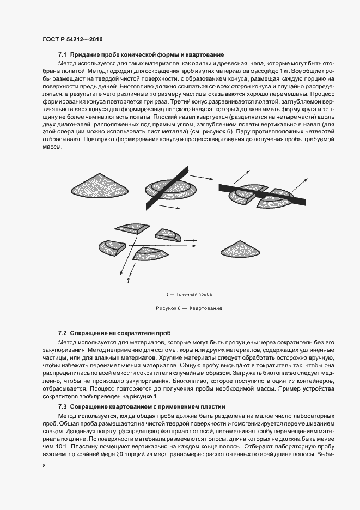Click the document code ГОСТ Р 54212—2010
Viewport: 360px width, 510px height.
[x=72, y=40]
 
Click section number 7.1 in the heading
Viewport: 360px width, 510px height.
[x=62, y=56]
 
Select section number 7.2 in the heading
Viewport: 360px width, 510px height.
[x=62, y=332]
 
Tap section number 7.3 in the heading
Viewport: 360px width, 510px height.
[x=62, y=407]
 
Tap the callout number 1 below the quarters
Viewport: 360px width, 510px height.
[x=127, y=281]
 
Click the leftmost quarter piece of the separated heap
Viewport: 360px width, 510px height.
[x=113, y=248]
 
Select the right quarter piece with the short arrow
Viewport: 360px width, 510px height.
[x=168, y=235]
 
